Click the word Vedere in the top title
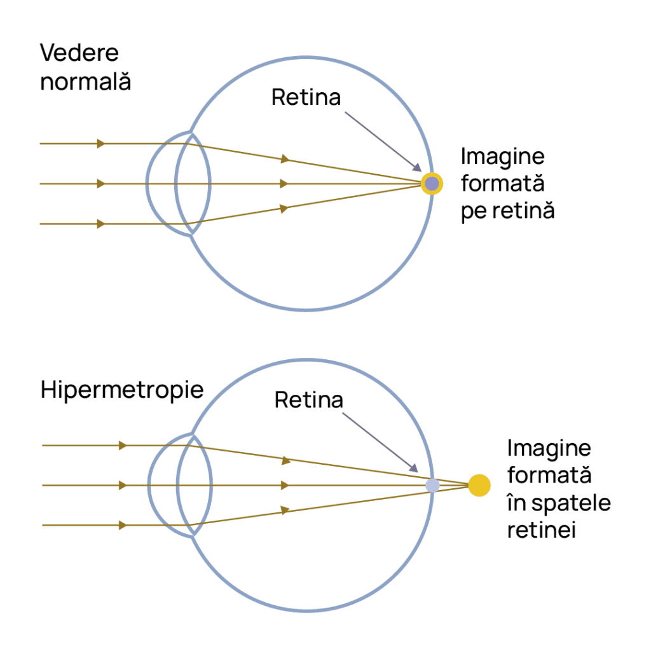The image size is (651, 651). (79, 53)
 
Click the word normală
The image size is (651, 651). (86, 81)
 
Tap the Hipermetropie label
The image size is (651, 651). (122, 391)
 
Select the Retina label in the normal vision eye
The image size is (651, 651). (306, 97)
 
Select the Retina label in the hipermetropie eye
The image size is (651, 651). (309, 400)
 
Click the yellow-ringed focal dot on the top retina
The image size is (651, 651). (432, 184)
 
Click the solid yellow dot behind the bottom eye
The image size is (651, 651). (479, 485)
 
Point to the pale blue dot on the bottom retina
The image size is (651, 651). (432, 485)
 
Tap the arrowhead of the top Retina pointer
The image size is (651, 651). (417, 167)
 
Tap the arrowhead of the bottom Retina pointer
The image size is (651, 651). (414, 468)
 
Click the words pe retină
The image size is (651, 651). (508, 211)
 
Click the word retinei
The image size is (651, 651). (542, 530)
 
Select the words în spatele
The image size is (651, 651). (559, 504)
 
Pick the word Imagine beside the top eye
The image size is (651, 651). (503, 158)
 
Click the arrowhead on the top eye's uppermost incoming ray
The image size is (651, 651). (101, 144)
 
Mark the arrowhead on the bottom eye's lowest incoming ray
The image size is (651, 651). (123, 525)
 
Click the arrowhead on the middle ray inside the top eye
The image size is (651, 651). (284, 184)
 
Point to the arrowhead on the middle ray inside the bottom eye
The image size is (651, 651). (285, 485)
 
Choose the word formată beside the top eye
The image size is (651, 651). (503, 184)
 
